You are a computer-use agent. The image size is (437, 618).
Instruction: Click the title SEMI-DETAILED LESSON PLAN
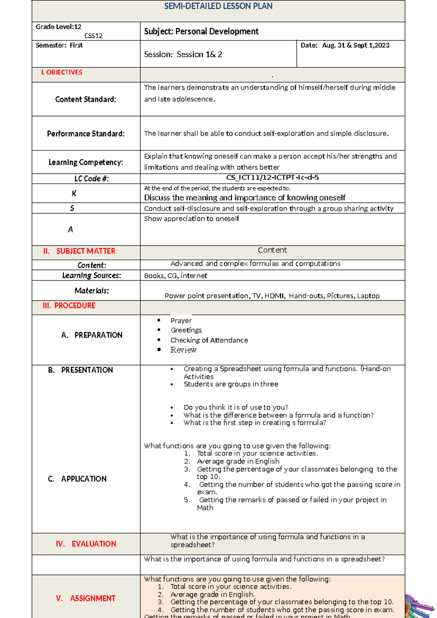[x=218, y=6]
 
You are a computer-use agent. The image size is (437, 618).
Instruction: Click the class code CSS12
[x=93, y=36]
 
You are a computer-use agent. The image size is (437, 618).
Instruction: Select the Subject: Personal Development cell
[x=201, y=31]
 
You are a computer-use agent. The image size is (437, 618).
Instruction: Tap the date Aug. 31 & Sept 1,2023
[x=355, y=46]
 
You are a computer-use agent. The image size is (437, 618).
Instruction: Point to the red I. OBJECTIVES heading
[x=62, y=73]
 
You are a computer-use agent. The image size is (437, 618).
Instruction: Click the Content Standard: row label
[x=86, y=99]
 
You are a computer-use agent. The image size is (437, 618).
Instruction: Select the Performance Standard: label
[x=86, y=134]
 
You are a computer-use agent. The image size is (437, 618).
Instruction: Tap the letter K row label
[x=74, y=193]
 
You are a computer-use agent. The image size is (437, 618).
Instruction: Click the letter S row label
[x=72, y=208]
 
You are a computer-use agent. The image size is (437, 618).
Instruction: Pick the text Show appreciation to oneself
[x=191, y=219]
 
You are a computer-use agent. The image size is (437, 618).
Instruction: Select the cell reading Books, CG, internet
[x=176, y=276]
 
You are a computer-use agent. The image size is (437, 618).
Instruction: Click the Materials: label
[x=91, y=291]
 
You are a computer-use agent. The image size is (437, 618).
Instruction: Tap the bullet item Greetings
[x=186, y=330]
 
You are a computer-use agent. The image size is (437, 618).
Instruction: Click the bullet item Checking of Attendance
[x=209, y=340]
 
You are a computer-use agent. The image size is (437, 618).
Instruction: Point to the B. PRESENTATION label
[x=80, y=370]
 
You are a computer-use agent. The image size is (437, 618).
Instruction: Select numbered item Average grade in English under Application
[x=238, y=461]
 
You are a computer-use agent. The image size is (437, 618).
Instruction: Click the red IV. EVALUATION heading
[x=86, y=544]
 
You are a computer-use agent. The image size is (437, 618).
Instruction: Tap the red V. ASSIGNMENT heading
[x=86, y=598]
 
